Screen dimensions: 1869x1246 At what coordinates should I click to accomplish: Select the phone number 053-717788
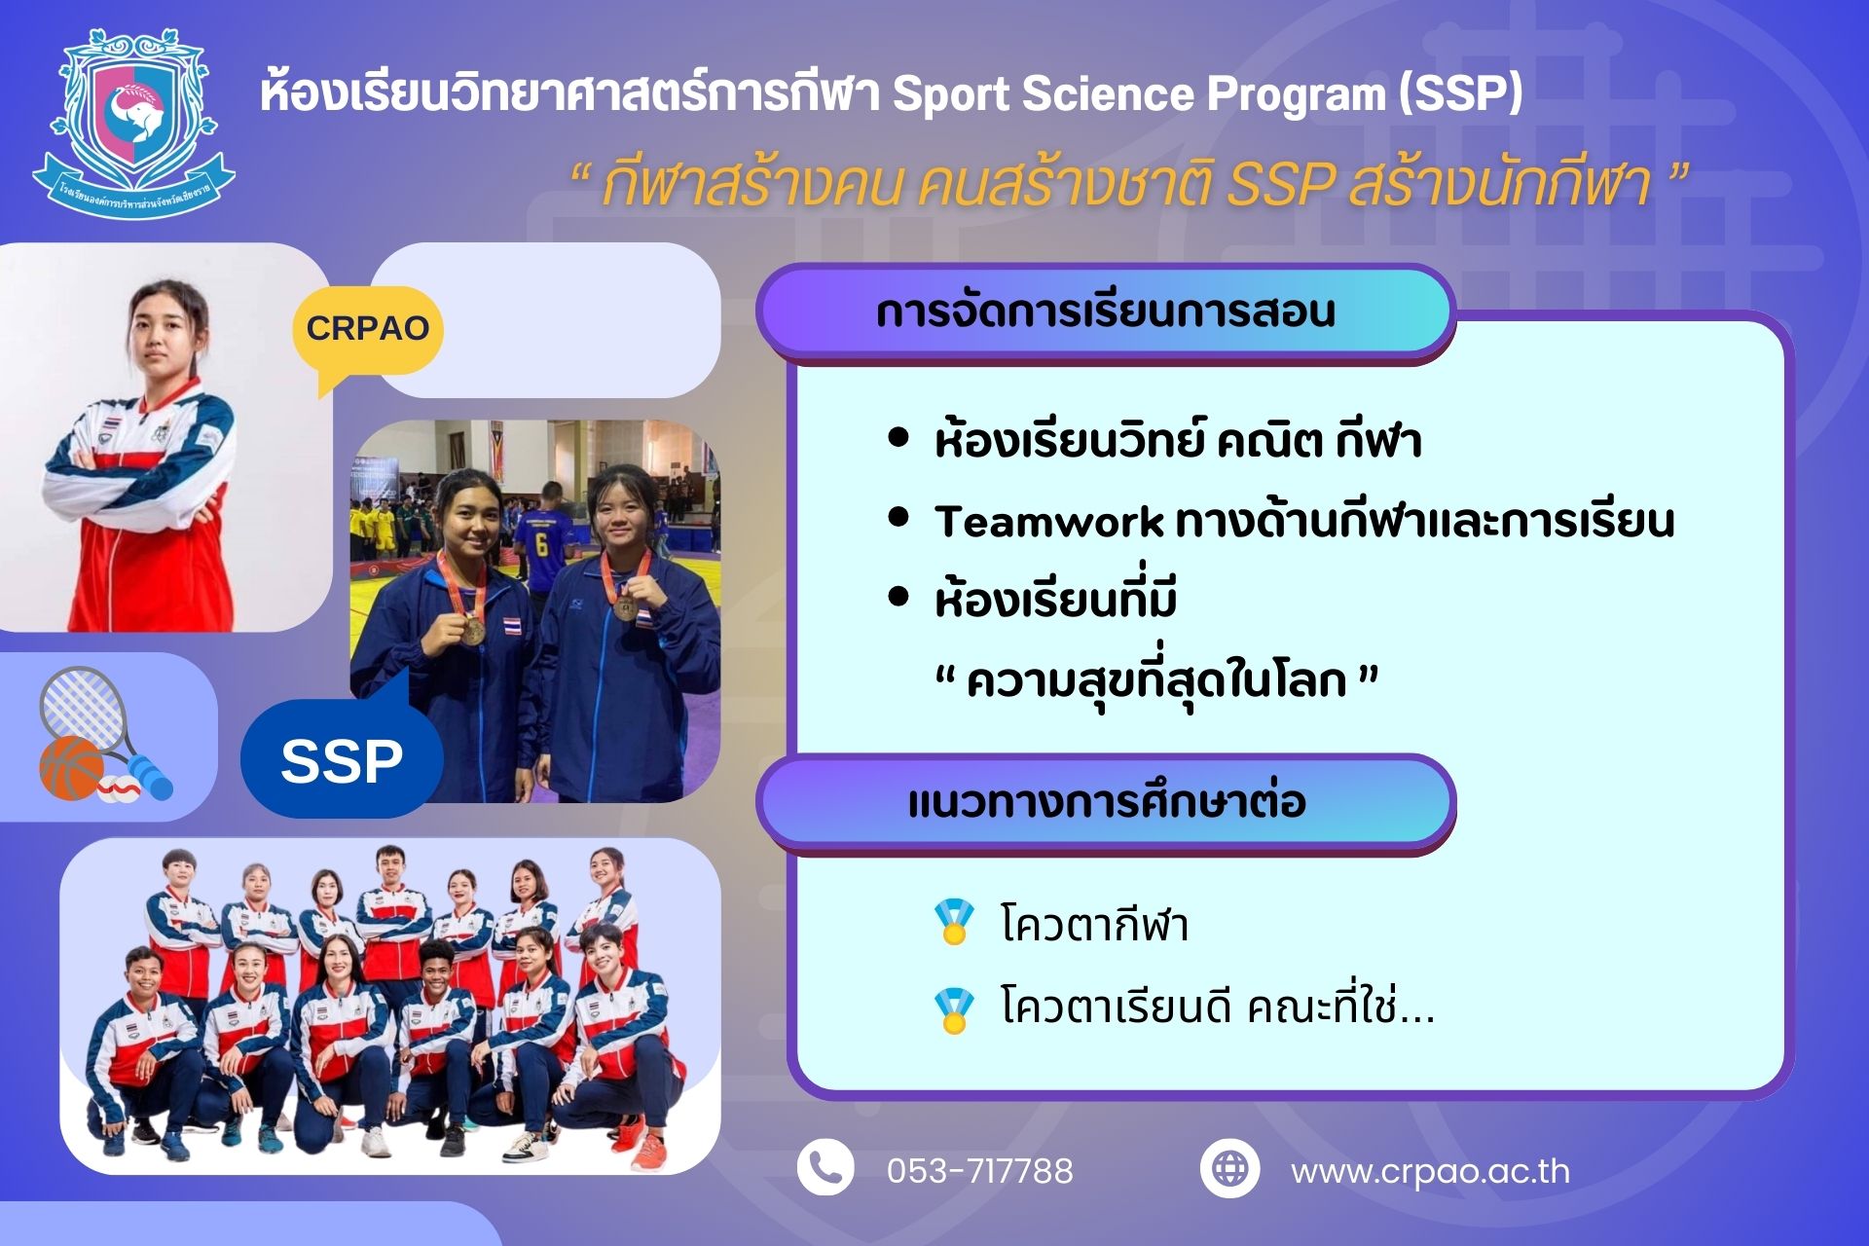[979, 1170]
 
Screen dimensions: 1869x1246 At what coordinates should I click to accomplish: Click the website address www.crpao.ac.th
[1430, 1171]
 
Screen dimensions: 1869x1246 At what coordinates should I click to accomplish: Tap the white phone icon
[825, 1168]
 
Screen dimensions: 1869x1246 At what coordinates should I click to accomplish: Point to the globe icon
[1229, 1168]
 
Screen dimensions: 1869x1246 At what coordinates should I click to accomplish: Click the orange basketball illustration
[70, 768]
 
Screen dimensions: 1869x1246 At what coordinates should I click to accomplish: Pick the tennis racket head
[81, 706]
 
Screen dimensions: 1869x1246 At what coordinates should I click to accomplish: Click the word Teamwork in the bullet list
[1048, 522]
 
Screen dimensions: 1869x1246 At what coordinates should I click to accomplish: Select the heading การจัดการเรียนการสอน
[1105, 311]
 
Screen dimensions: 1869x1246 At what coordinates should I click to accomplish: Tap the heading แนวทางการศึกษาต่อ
[1106, 802]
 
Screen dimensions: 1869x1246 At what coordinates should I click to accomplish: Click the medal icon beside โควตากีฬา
[954, 922]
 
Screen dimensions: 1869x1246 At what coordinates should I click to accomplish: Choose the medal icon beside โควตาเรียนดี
[954, 1010]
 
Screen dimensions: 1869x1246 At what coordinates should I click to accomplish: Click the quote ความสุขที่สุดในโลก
[1155, 681]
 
